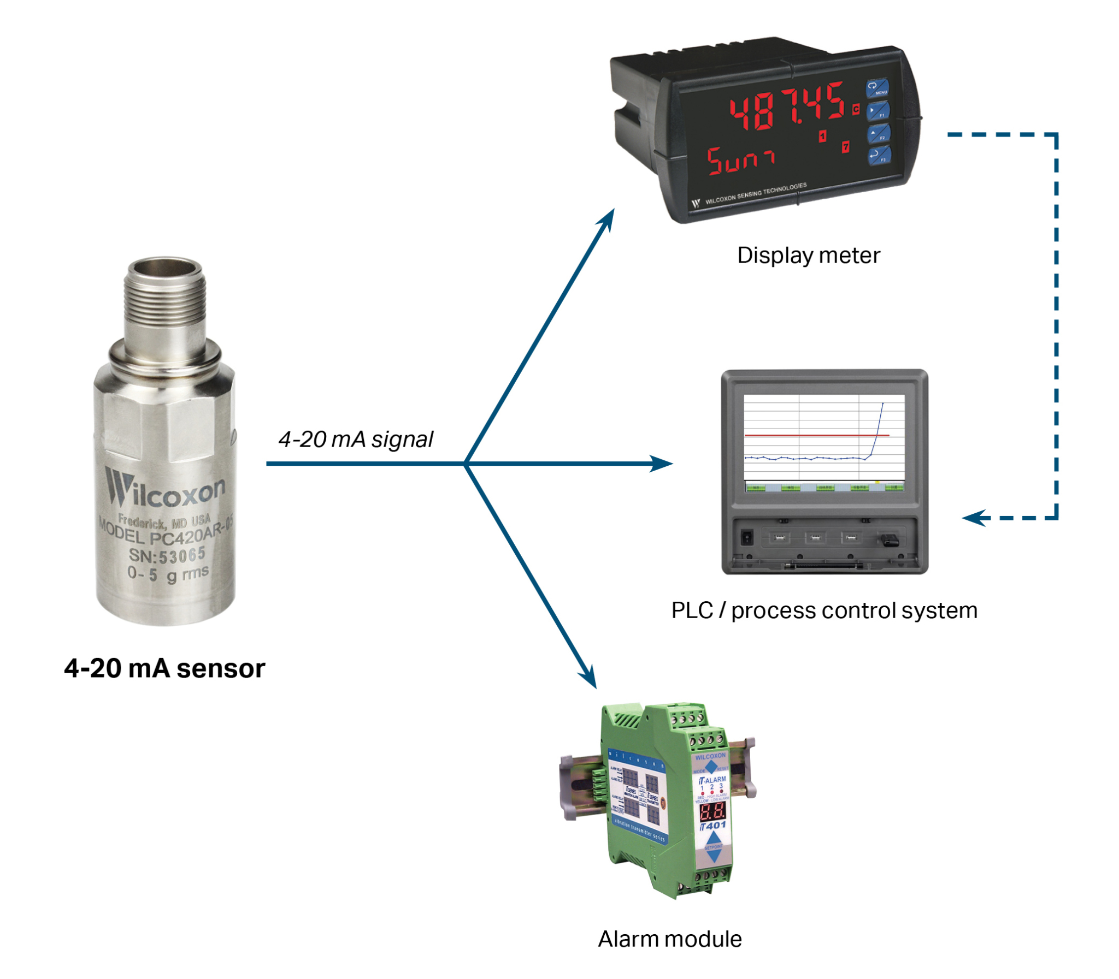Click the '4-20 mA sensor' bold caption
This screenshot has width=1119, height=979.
point(164,668)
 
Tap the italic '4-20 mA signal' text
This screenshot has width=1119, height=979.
point(356,439)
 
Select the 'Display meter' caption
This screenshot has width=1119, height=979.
point(808,256)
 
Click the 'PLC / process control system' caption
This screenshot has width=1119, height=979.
point(824,610)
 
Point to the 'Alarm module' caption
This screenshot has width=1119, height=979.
point(669,939)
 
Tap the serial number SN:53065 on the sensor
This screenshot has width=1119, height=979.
point(167,556)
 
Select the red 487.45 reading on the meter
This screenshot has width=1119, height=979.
point(787,108)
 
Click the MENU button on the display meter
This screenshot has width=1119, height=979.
point(877,87)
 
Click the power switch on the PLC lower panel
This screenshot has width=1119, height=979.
point(747,537)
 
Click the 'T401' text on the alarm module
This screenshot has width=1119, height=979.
point(713,826)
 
